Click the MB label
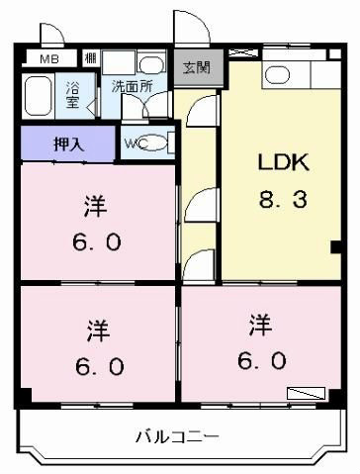49,59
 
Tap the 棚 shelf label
90,58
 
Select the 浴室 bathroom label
72,94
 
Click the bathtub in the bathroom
38,96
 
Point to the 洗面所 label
132,86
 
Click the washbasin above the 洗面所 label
151,64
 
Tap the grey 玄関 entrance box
197,67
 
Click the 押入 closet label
69,143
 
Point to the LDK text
284,162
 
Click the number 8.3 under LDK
283,200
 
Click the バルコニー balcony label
178,437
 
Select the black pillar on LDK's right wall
335,247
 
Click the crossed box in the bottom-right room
306,393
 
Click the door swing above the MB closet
51,34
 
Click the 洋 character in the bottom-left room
98,331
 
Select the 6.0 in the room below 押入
97,242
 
